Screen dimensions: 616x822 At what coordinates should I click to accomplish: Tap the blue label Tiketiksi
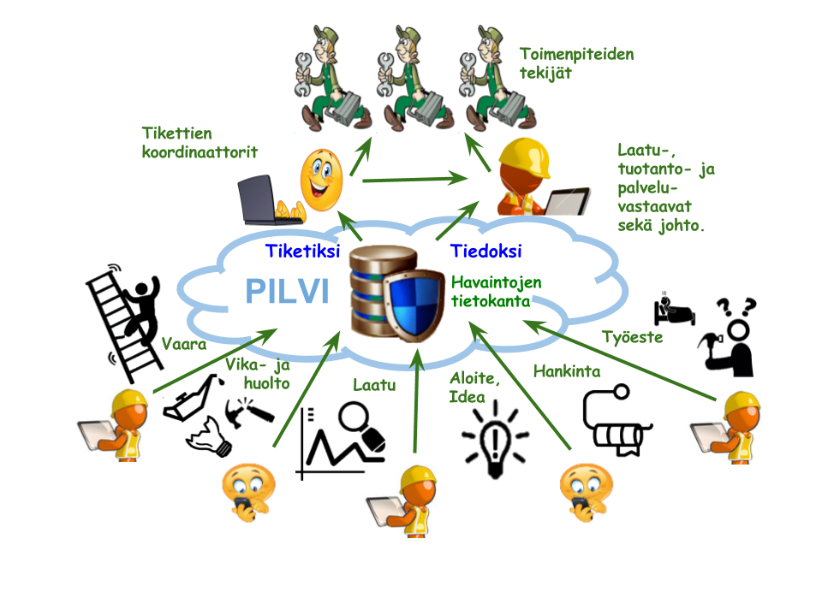coord(303,252)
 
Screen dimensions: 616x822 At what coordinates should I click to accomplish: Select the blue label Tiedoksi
coord(486,252)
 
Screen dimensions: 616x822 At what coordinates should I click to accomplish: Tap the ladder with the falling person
coord(128,317)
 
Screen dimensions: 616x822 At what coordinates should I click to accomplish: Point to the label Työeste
coord(632,337)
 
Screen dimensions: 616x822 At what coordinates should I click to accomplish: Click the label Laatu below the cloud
coord(374,385)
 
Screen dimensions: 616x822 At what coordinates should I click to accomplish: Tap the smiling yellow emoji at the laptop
coord(320,181)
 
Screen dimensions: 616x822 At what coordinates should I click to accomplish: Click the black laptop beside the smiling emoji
coord(267,199)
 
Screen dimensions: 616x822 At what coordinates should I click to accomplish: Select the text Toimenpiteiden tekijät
coord(576,64)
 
